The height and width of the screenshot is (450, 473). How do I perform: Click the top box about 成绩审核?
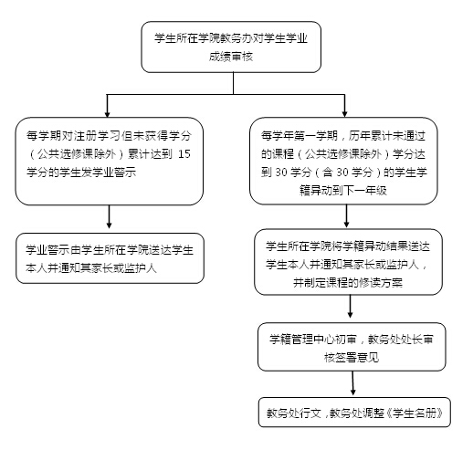[x=231, y=47]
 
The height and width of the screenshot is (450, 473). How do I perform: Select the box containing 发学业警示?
[x=110, y=162]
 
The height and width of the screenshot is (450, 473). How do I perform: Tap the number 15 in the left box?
[x=184, y=154]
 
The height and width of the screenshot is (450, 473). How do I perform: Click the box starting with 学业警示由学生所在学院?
[x=110, y=258]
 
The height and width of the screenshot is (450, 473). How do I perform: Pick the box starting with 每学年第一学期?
[x=343, y=161]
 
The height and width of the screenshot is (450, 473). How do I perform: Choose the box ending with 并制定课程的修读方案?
[x=348, y=262]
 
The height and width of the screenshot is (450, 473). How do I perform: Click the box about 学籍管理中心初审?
[x=352, y=347]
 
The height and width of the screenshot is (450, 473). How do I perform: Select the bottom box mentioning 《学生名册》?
[x=354, y=413]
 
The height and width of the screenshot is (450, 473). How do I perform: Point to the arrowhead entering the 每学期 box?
[x=107, y=114]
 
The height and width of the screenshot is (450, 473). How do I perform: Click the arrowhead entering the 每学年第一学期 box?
[x=344, y=114]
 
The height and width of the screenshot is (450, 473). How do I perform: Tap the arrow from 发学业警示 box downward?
[x=109, y=216]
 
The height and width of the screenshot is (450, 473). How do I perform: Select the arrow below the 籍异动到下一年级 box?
[x=346, y=216]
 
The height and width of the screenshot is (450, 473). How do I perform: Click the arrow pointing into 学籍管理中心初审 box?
[x=350, y=307]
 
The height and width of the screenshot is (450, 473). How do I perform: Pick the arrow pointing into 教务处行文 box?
[x=352, y=383]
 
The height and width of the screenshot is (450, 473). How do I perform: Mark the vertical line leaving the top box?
[x=234, y=83]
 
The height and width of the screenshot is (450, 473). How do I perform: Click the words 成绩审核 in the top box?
[x=231, y=57]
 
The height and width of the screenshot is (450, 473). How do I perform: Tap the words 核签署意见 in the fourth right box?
[x=352, y=357]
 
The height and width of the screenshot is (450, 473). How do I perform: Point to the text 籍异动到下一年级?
[x=343, y=191]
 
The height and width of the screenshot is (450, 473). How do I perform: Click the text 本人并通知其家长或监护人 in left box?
[x=91, y=268]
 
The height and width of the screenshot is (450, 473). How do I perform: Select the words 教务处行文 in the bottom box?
[x=294, y=413]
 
